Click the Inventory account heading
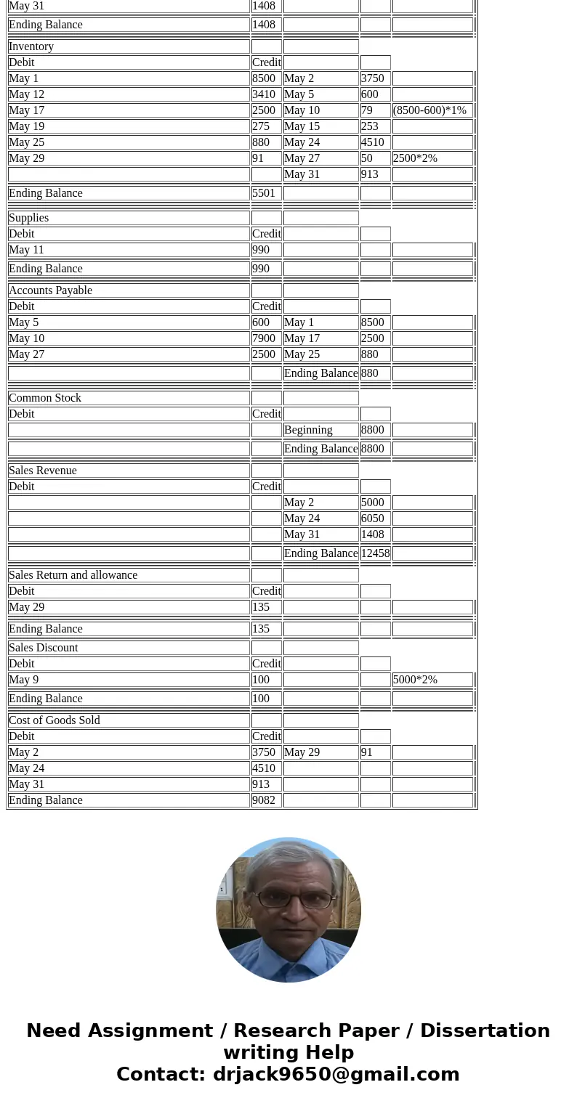coord(31,46)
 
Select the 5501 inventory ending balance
coord(264,193)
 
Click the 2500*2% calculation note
coord(415,158)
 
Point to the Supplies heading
coord(29,218)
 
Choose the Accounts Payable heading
coord(50,290)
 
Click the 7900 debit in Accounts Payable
coord(264,338)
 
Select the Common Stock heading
coord(45,398)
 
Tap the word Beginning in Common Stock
coord(308,430)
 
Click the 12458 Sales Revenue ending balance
coord(375,553)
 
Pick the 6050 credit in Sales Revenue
coord(373,519)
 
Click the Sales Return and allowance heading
coord(73,575)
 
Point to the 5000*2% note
coord(415,680)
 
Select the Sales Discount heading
coord(43,648)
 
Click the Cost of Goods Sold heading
coord(55,720)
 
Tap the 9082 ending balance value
coord(264,800)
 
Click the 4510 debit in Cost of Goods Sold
coord(264,768)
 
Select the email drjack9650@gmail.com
coord(336,1075)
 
